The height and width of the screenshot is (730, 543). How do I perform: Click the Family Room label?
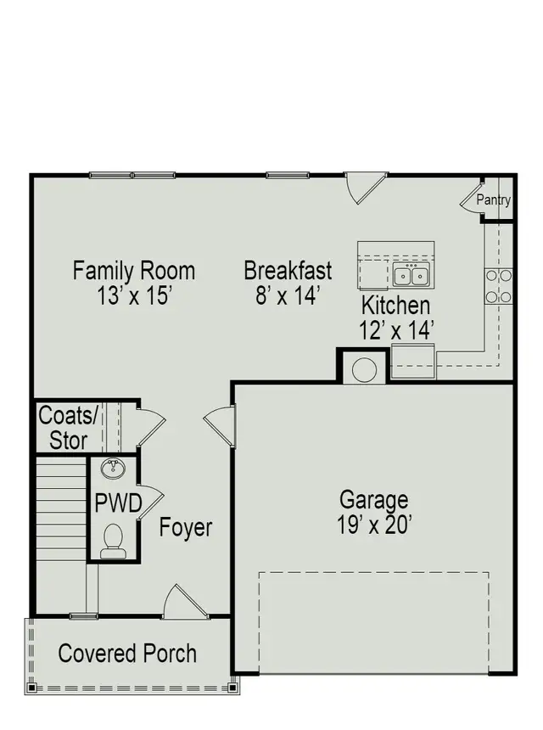pos(133,272)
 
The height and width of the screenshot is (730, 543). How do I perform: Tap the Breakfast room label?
pos(288,272)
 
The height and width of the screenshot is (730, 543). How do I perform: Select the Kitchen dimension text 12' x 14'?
pos(396,330)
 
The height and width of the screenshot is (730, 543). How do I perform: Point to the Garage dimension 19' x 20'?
pos(373,525)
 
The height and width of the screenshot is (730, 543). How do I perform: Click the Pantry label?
pos(493,200)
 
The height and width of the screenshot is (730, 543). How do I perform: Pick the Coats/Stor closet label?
pos(69,428)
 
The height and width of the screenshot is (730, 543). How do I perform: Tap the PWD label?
pos(118,503)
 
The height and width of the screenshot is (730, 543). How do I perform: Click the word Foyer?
pos(186,527)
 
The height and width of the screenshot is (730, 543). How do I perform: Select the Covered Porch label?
pos(127,654)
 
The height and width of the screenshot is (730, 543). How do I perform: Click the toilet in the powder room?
pos(113,541)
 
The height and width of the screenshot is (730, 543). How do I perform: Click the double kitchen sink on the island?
pos(411,275)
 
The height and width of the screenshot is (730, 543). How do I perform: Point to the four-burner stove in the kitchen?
pos(499,286)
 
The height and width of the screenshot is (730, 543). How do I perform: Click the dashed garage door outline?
pos(373,624)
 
